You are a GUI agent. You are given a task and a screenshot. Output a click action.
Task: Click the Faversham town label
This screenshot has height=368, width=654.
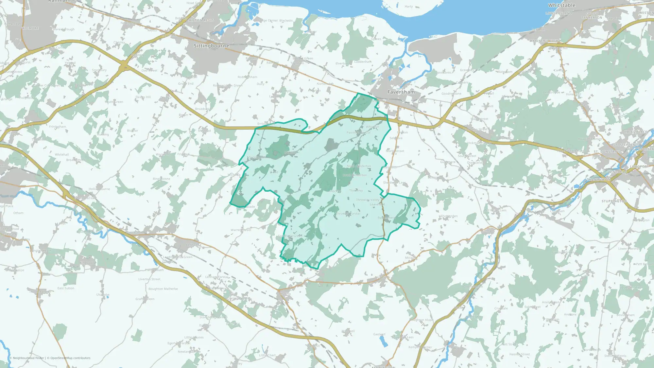click(x=401, y=92)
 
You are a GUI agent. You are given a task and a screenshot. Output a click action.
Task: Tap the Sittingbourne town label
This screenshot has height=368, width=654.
click(x=211, y=46)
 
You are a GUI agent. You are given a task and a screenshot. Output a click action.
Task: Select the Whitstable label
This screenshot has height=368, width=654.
click(x=561, y=5)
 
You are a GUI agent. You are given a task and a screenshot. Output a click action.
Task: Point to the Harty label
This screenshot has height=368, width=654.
click(x=408, y=7)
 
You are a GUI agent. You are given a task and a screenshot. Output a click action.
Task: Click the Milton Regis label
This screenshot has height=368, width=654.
click(x=201, y=20)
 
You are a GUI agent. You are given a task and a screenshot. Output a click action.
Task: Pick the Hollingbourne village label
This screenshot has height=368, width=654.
click(x=99, y=189)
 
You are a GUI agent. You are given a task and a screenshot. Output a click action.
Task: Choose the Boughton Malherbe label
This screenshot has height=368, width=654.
click(x=163, y=289)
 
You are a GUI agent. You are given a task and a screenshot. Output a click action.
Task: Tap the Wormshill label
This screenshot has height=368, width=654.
click(x=163, y=154)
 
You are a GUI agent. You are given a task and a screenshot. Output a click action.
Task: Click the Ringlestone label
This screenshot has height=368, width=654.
click(x=161, y=179)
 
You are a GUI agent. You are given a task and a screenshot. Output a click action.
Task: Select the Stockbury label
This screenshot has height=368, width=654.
click(x=99, y=70)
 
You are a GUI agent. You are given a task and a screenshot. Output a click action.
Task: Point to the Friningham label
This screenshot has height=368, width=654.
click(x=57, y=127)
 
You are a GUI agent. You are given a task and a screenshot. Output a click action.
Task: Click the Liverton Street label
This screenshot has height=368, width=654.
click(x=149, y=279)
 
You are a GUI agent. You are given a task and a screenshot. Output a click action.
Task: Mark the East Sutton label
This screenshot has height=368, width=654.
click(x=66, y=288)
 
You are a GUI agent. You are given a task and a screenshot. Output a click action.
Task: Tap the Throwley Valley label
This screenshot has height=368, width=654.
click(x=368, y=200)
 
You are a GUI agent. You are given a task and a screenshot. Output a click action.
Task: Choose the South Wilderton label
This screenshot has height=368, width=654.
click(x=354, y=175)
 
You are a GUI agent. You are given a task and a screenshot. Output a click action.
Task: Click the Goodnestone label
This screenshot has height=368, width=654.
click(x=451, y=94)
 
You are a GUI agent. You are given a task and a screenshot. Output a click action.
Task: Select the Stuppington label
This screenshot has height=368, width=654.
click(x=614, y=201)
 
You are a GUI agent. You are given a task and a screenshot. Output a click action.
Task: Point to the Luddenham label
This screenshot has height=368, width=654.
click(x=363, y=62)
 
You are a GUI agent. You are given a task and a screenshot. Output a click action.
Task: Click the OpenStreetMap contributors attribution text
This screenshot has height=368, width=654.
click(x=70, y=358)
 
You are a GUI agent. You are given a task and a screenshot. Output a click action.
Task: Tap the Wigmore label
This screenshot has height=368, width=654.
click(x=30, y=28)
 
